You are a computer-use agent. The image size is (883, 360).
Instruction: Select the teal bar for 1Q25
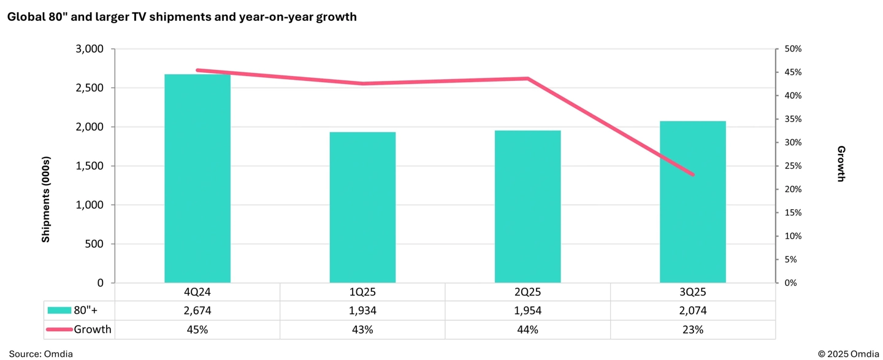coord(362,208)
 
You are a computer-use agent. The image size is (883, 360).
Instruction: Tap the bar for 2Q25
coord(527,207)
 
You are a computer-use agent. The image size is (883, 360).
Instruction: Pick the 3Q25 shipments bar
coord(692,202)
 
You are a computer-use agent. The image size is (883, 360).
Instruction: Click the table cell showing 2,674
coord(197,311)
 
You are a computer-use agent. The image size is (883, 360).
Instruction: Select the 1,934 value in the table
coord(362,311)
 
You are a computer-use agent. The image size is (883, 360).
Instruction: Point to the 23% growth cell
coord(692,330)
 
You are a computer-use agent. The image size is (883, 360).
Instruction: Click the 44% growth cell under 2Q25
coord(527,330)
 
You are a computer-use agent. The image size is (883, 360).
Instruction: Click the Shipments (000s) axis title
coord(46,199)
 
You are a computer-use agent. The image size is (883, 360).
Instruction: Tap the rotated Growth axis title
coord(841,164)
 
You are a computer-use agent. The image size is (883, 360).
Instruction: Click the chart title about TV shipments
coord(182,17)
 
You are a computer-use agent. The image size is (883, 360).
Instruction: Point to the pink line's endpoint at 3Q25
coord(692,175)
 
